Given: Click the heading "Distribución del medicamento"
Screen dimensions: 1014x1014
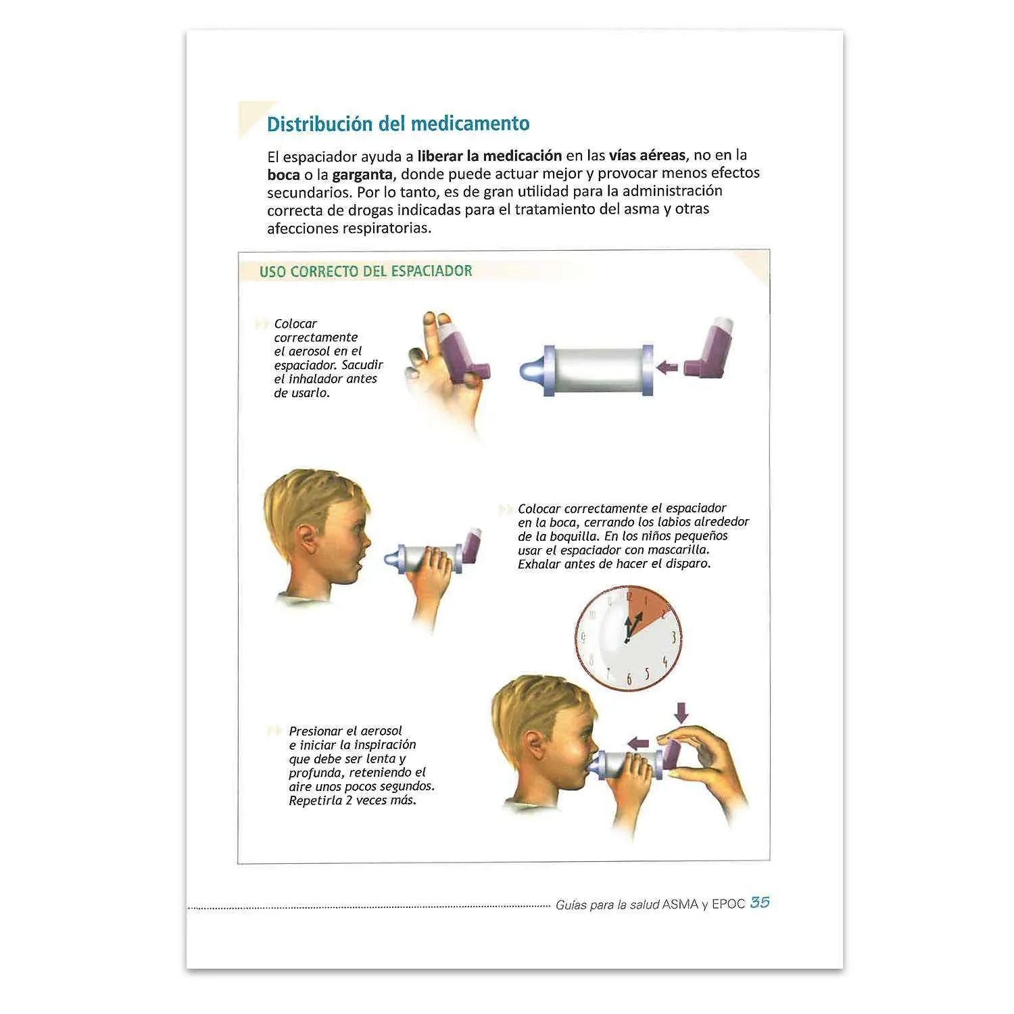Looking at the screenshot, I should pos(398,124).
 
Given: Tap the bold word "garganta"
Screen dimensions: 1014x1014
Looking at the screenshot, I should pos(362,174).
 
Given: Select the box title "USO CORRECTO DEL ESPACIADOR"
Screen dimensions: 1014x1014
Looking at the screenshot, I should pos(366,271).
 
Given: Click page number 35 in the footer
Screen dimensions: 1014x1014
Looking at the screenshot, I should pos(760,902).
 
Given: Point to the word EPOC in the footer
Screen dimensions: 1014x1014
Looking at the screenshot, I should pos(728,904).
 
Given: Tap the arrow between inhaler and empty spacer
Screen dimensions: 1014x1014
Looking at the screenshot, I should pos(668,366).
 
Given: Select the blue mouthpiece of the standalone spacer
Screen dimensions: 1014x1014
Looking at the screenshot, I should pos(531,371).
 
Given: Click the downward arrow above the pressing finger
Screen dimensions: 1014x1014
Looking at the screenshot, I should pos(681,712).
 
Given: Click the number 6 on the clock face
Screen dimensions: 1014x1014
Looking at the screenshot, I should pos(629,679).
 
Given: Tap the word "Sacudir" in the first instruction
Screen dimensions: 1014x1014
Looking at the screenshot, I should pos(362,365).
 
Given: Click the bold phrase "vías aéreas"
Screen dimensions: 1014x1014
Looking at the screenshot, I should pos(647,155).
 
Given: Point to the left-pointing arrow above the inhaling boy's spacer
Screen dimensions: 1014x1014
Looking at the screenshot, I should pos(637,743).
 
